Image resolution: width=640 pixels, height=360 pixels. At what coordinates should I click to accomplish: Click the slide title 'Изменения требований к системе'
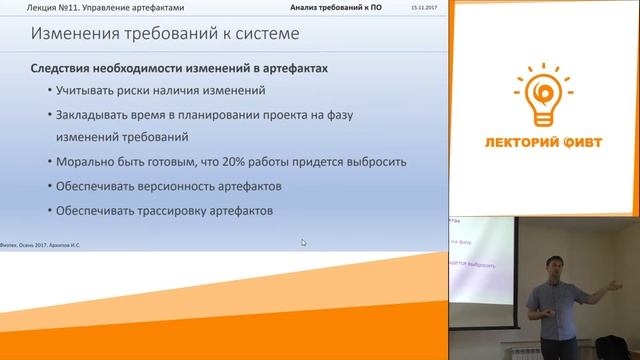[x=164, y=36]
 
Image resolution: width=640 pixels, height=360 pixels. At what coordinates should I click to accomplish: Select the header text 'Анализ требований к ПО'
[x=336, y=7]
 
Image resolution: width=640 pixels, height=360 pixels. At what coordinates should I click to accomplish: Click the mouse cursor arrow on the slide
[x=304, y=241]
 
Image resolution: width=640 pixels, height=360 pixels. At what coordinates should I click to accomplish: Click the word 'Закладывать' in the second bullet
[x=91, y=115]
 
